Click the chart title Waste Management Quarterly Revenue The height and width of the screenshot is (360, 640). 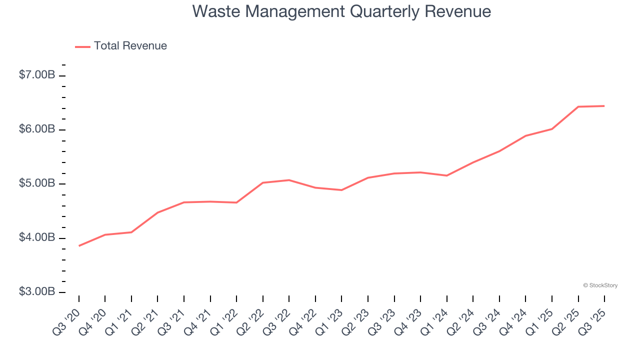[x=341, y=11]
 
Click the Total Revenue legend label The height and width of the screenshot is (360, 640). [x=130, y=46]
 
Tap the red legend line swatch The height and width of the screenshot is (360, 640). [x=82, y=46]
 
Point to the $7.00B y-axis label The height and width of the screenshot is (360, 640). [x=37, y=75]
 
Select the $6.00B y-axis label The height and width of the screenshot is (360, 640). [x=37, y=129]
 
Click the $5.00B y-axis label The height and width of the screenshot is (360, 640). [x=37, y=183]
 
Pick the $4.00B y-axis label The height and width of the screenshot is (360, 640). [x=37, y=237]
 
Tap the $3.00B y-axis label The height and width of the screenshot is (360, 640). [x=37, y=291]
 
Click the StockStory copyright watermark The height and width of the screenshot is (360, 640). [x=600, y=285]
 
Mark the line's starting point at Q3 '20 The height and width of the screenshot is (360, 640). [x=79, y=245]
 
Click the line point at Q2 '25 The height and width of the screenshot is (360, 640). [x=578, y=106]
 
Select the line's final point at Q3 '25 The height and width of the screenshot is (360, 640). [x=604, y=106]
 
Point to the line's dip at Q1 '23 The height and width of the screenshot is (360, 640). [x=341, y=190]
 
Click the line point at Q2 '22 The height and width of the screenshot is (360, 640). [x=263, y=182]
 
